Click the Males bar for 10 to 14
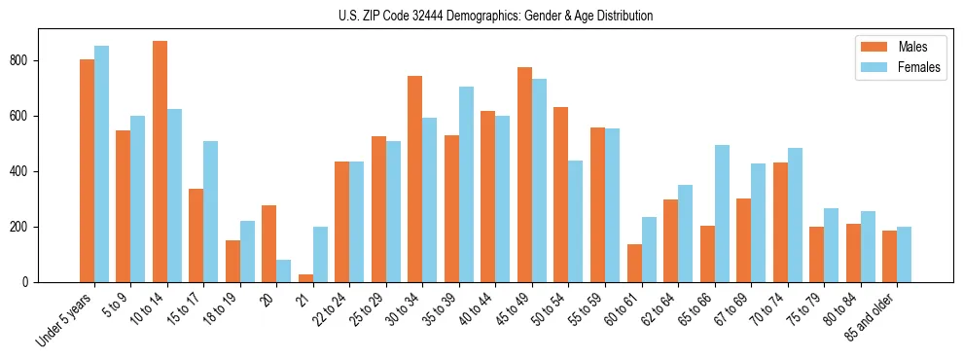(x=160, y=162)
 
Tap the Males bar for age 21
(x=305, y=278)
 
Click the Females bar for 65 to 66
(x=722, y=213)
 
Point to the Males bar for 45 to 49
(x=524, y=174)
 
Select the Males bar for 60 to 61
(x=634, y=263)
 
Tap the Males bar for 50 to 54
(x=561, y=195)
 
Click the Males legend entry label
(x=912, y=47)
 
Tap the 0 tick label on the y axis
(x=32, y=282)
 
